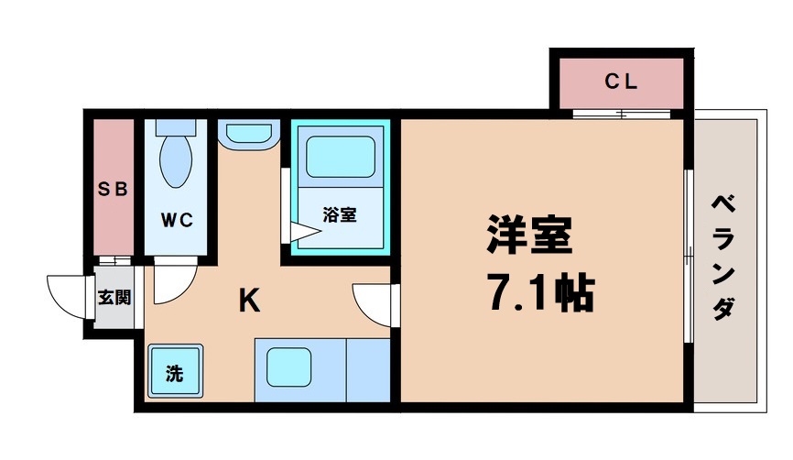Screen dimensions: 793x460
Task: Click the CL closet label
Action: point(620,82)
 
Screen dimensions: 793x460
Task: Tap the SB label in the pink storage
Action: point(113,190)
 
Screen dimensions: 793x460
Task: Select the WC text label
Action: point(177,220)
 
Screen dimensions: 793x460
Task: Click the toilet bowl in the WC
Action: point(175,160)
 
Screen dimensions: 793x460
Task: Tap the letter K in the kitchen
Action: point(248,301)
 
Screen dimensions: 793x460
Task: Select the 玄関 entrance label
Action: point(114,298)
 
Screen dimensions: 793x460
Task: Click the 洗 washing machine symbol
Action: point(173,372)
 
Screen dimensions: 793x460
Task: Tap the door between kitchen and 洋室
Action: point(373,302)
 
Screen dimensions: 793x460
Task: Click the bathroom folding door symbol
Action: point(305,234)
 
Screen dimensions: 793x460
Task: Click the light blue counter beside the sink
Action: point(368,367)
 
